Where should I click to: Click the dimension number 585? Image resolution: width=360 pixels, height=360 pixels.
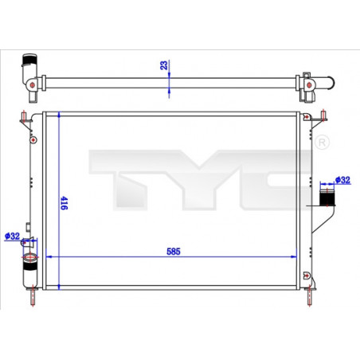pyautogui.click(x=174, y=251)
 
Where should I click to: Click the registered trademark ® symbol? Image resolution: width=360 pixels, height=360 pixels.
pyautogui.click(x=322, y=142)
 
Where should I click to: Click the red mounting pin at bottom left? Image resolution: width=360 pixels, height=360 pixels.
pyautogui.click(x=32, y=296)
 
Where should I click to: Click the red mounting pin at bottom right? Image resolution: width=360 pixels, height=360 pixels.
pyautogui.click(x=309, y=296)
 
